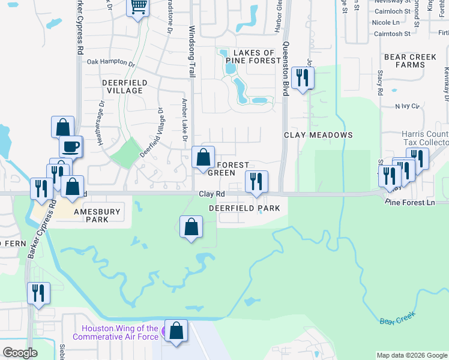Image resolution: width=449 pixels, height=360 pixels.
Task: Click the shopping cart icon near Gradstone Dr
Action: (x=139, y=8)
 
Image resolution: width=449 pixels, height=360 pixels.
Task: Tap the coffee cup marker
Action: (x=70, y=147)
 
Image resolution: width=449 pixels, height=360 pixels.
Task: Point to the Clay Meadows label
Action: (x=318, y=135)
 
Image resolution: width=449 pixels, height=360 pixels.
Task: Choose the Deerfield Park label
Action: (x=244, y=208)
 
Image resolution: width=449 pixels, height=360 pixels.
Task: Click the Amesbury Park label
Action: (x=97, y=216)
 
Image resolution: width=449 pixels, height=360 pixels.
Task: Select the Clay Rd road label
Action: (x=211, y=194)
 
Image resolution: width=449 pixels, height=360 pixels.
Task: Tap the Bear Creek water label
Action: (x=397, y=317)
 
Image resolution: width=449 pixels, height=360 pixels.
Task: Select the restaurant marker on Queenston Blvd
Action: (x=302, y=78)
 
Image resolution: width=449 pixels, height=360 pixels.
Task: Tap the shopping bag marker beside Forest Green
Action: (x=203, y=158)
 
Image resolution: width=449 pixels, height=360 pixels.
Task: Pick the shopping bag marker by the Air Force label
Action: (x=176, y=331)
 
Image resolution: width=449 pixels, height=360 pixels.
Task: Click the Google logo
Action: (x=20, y=353)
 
